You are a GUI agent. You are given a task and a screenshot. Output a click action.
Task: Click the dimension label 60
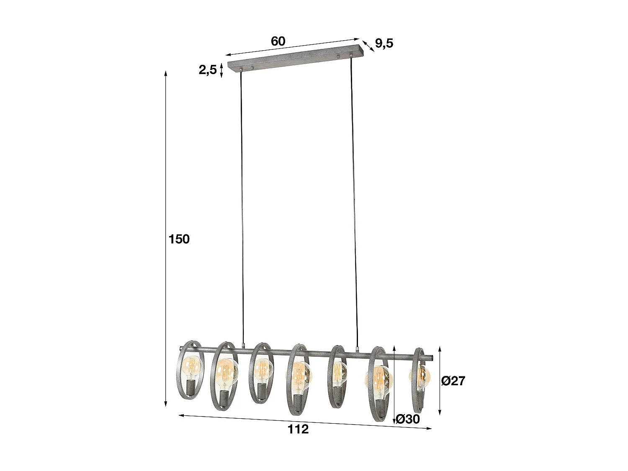tap(278, 41)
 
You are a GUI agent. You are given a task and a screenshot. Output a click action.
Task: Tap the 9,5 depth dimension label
tap(384, 43)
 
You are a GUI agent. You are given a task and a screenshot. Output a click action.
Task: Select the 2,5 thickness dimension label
tap(208, 70)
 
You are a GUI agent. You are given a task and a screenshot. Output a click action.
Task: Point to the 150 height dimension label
tap(179, 239)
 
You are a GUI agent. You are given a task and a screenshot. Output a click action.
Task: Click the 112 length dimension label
tap(298, 429)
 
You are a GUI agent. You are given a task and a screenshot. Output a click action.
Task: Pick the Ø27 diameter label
tap(453, 381)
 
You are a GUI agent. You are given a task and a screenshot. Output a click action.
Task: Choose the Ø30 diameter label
tap(407, 419)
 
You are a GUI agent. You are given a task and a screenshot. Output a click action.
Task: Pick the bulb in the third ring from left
tap(263, 368)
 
